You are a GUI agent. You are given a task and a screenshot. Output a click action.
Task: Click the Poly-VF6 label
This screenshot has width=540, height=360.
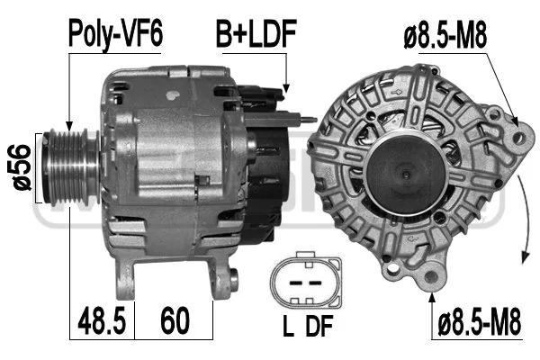click(x=115, y=34)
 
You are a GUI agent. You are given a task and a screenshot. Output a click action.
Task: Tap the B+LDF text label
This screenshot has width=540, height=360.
click(x=256, y=33)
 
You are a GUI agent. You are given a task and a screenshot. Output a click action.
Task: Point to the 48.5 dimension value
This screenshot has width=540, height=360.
click(x=102, y=320)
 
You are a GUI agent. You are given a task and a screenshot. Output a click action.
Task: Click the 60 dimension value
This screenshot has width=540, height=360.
click(x=175, y=320)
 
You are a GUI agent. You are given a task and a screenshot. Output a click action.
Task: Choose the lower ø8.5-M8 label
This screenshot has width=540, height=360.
click(x=480, y=321)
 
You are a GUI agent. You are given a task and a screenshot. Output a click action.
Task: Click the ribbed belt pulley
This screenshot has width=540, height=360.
click(x=70, y=167)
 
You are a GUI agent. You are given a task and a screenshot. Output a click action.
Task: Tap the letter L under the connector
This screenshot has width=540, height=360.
click(x=288, y=326)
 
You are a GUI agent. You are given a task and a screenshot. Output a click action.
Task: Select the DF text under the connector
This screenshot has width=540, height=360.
click(x=319, y=326)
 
